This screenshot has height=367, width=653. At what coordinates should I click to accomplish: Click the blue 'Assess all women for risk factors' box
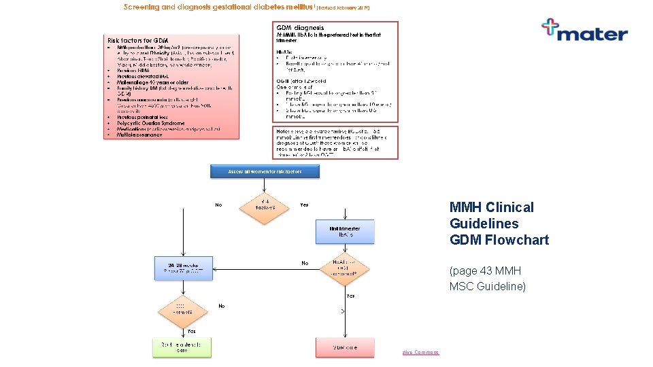(x=265, y=172)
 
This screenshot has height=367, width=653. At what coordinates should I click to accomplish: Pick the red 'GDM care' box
(x=344, y=347)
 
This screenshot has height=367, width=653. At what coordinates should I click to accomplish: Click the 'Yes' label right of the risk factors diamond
(x=304, y=205)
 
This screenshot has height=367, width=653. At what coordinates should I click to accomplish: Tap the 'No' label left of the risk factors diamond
(x=218, y=205)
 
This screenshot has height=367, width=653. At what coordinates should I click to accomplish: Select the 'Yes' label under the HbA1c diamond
(x=350, y=296)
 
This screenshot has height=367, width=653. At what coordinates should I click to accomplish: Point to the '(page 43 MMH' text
(x=487, y=270)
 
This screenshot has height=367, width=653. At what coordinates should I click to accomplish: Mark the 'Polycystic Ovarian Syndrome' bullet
(x=150, y=124)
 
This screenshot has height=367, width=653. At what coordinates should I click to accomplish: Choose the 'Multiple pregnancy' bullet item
(x=139, y=135)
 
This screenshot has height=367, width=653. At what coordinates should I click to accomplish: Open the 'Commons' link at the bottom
(x=426, y=352)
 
